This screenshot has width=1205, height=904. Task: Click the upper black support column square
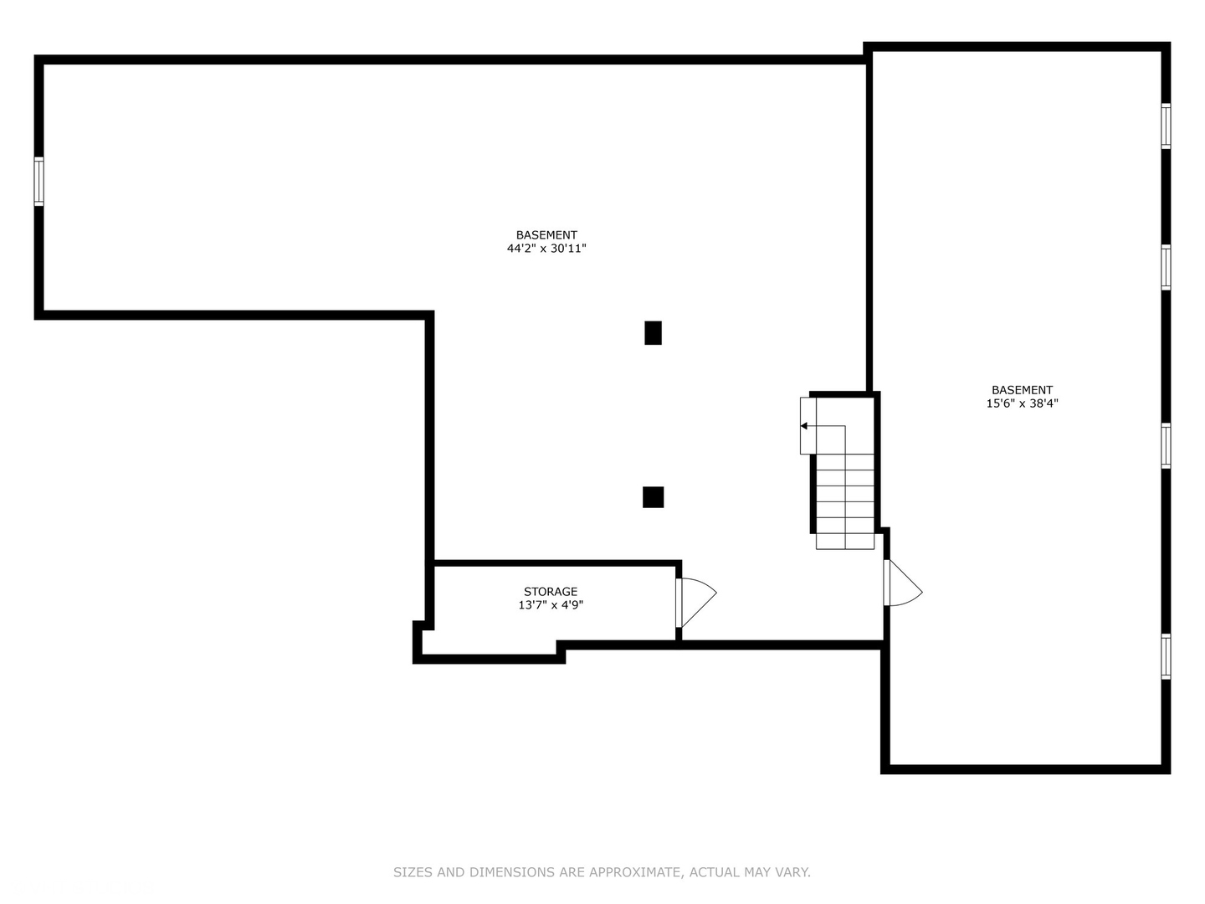653,332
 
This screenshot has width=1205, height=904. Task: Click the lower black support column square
653,497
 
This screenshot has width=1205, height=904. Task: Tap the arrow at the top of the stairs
804,426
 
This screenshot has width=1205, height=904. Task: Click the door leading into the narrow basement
901,584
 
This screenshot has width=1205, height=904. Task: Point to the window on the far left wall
38,181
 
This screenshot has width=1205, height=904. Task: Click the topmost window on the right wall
1165,126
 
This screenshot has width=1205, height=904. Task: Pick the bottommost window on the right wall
1165,656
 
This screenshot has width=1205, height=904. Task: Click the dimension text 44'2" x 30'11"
546,249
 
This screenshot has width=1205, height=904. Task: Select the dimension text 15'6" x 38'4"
1022,403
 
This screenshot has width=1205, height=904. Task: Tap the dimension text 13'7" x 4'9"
551,605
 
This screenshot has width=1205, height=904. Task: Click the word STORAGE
551,592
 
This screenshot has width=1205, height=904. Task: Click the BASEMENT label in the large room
546,235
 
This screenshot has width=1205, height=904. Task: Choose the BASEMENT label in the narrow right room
1022,390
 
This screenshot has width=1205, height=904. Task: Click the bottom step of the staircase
845,541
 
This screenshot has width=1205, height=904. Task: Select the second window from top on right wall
1165,267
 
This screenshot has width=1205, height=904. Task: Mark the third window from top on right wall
1165,445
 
